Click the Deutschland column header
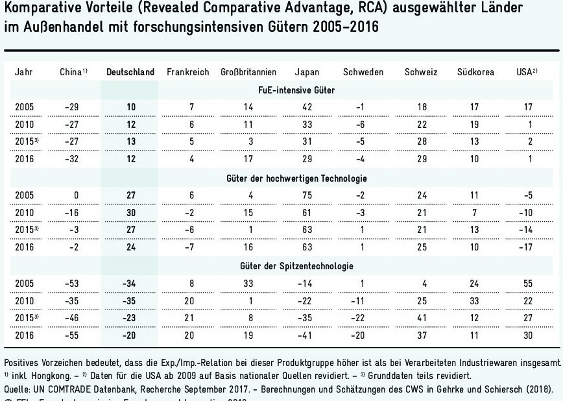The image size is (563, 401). pos(130,72)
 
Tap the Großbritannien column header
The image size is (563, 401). pos(248,72)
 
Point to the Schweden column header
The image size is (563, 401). pos(363,72)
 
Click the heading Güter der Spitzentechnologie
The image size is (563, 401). pos(304,266)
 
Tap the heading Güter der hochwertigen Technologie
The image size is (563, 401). pos(304,178)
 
